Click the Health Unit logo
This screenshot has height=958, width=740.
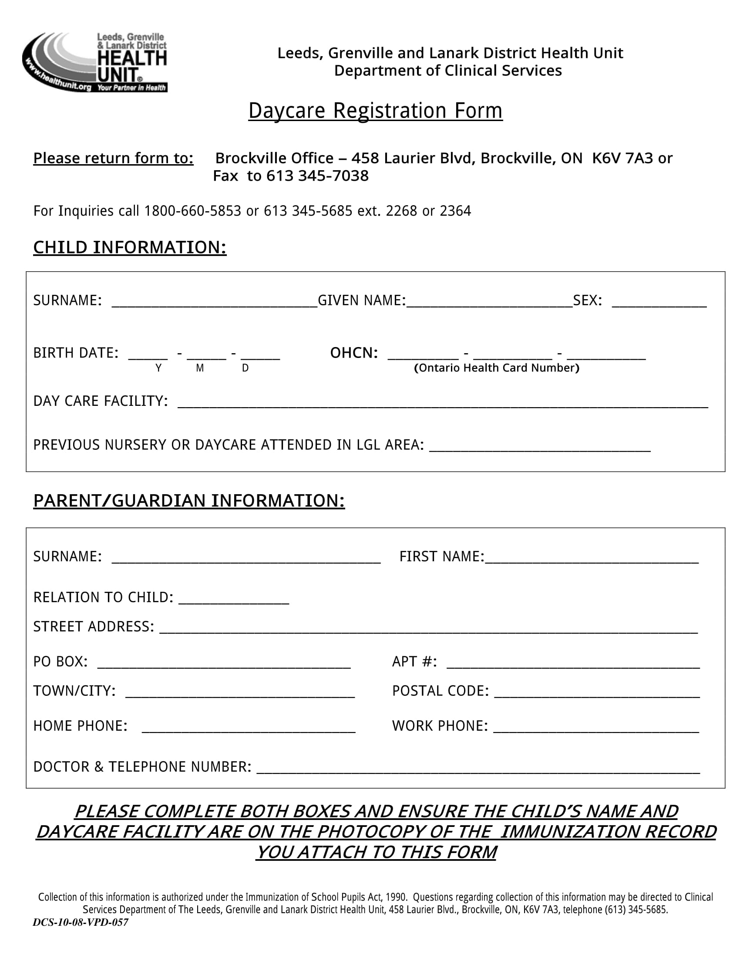[x=95, y=62]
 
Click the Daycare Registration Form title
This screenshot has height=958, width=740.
[x=375, y=111]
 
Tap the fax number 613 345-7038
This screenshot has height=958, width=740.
[x=317, y=176]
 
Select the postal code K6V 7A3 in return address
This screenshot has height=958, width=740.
[x=622, y=158]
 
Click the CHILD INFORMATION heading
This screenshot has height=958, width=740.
[x=130, y=247]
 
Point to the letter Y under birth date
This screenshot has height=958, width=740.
[x=158, y=368]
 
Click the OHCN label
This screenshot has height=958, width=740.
[x=354, y=353]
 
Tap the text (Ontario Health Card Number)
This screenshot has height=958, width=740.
[x=496, y=368]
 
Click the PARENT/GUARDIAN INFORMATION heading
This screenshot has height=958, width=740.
[x=189, y=500]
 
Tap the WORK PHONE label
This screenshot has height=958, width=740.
[x=440, y=726]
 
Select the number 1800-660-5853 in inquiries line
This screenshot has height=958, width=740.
[x=192, y=211]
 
